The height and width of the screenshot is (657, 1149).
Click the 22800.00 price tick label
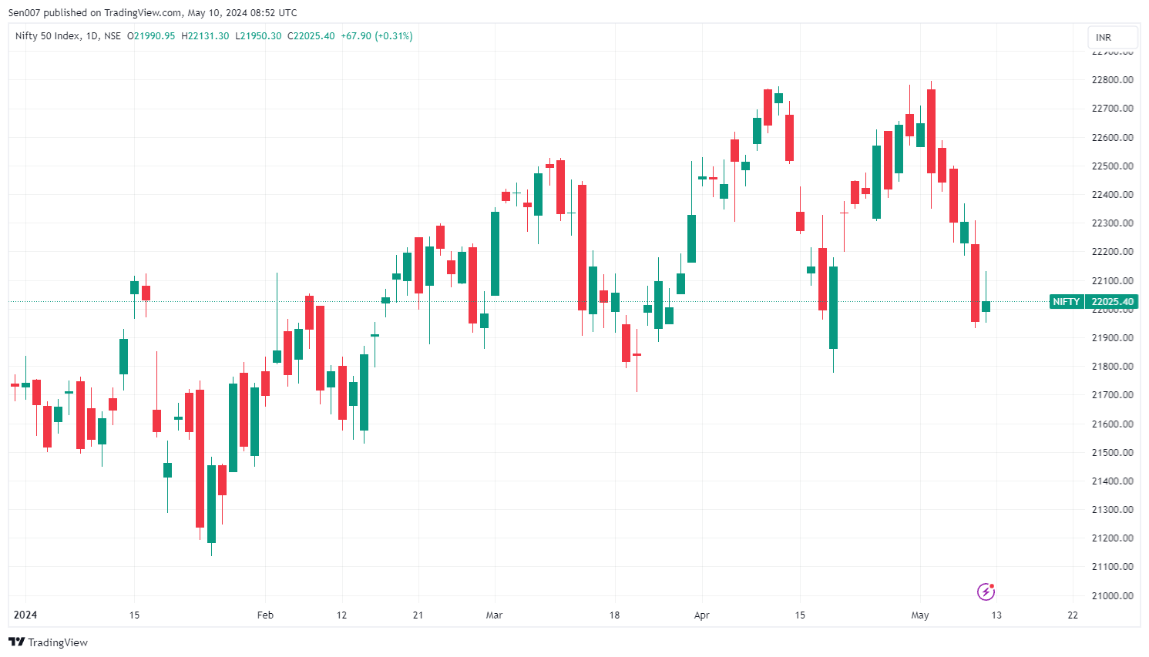pos(1112,80)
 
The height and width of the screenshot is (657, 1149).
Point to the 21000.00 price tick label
pos(1112,595)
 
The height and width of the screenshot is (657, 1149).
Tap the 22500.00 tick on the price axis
pos(1112,166)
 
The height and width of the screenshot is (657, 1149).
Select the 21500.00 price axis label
pos(1112,452)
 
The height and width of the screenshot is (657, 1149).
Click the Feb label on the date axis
pos(265,615)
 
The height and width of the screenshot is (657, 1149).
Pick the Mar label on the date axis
pos(494,615)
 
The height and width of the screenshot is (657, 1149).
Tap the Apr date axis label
pos(701,615)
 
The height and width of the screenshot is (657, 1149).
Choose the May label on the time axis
pos(920,615)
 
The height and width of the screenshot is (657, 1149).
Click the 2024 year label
pos(25,615)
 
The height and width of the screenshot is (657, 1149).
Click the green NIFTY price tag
pos(1067,302)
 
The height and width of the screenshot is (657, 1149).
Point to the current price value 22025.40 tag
pos(1112,302)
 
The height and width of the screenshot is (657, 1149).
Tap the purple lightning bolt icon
pos(986,592)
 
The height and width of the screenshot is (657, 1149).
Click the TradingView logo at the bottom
pos(48,642)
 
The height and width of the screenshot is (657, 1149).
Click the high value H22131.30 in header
pos(205,36)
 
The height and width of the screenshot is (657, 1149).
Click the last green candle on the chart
pos(986,307)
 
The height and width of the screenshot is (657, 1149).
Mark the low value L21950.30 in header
pos(258,36)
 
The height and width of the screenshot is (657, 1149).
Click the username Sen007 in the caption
pos(25,13)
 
